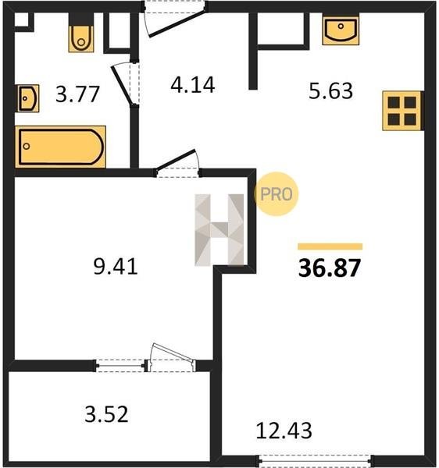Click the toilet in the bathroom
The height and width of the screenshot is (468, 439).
[81, 39]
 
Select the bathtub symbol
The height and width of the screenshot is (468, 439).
[60, 147]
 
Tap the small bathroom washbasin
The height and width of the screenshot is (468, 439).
[28, 98]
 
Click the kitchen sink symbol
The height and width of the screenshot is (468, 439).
[341, 30]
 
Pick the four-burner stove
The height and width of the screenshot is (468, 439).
[402, 111]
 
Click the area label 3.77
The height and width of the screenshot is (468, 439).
[77, 94]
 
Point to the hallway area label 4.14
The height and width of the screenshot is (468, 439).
[193, 85]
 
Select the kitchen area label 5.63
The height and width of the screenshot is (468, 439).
[330, 91]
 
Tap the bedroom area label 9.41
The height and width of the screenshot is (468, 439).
[116, 266]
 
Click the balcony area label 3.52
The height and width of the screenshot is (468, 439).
[107, 414]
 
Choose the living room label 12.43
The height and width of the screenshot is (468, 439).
[284, 431]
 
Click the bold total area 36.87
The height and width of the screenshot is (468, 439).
[330, 268]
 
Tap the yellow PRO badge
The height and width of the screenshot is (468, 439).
[276, 194]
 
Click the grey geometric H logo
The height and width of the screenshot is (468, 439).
[219, 230]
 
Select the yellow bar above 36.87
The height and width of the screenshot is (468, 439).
[330, 246]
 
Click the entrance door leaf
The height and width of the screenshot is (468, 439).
[177, 24]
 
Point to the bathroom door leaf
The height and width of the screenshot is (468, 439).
[121, 85]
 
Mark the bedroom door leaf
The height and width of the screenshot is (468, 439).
[176, 160]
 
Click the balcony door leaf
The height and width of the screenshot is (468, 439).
[173, 353]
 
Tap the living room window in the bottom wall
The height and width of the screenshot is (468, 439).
[316, 460]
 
